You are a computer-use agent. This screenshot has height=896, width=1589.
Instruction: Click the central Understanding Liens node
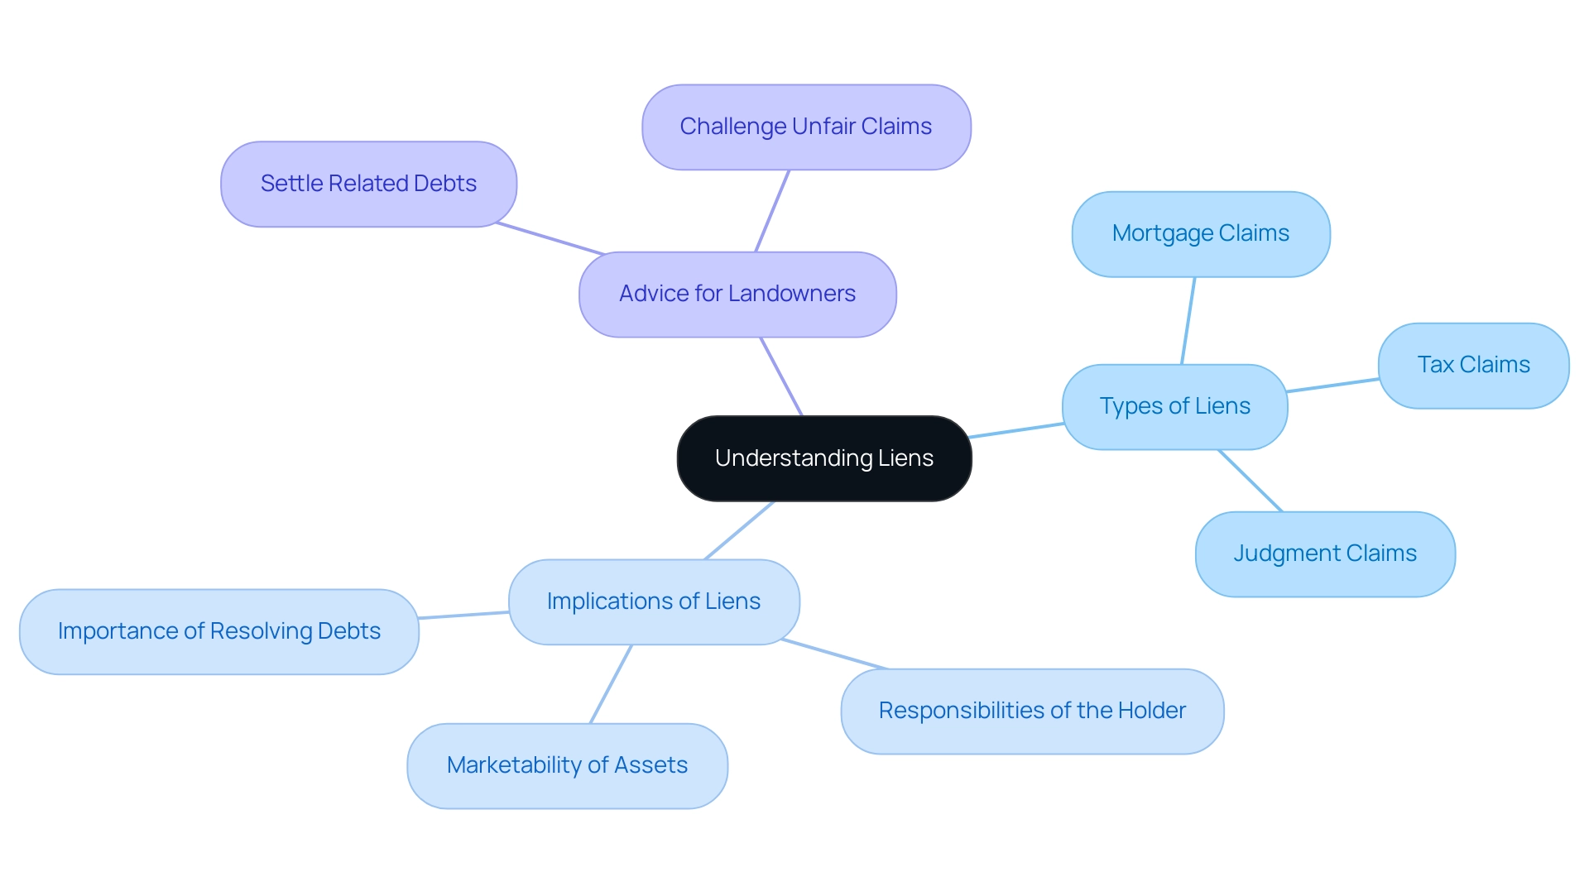click(x=824, y=458)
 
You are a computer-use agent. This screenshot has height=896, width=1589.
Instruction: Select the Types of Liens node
click(x=1174, y=406)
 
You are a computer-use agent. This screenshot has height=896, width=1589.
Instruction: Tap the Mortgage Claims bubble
click(x=1200, y=234)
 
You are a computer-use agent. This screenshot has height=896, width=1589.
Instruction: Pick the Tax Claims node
click(x=1473, y=365)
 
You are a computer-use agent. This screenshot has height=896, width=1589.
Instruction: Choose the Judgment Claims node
click(x=1325, y=553)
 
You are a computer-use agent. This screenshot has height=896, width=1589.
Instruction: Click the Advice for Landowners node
click(x=737, y=294)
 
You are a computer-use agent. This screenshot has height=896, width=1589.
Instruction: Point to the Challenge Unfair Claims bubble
click(x=806, y=127)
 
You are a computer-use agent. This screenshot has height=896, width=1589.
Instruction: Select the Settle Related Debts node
click(x=368, y=184)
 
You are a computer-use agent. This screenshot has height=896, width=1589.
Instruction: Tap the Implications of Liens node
click(x=654, y=601)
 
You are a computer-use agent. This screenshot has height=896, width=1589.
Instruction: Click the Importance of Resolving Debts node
click(x=219, y=631)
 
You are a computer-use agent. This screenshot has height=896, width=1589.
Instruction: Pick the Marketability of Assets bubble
click(x=567, y=765)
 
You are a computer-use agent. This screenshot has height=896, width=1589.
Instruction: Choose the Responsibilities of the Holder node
click(x=1032, y=711)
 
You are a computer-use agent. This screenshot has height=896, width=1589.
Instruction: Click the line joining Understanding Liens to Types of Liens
click(x=1016, y=430)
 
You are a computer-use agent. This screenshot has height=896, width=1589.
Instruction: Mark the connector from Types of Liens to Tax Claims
click(x=1332, y=386)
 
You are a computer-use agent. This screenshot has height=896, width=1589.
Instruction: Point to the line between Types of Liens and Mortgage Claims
click(x=1188, y=321)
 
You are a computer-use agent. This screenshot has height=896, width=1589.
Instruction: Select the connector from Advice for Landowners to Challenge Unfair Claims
click(x=772, y=211)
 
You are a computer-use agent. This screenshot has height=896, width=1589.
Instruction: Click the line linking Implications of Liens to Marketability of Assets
click(x=611, y=684)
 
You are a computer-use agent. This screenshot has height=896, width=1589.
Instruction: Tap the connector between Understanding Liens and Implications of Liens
click(x=739, y=530)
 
